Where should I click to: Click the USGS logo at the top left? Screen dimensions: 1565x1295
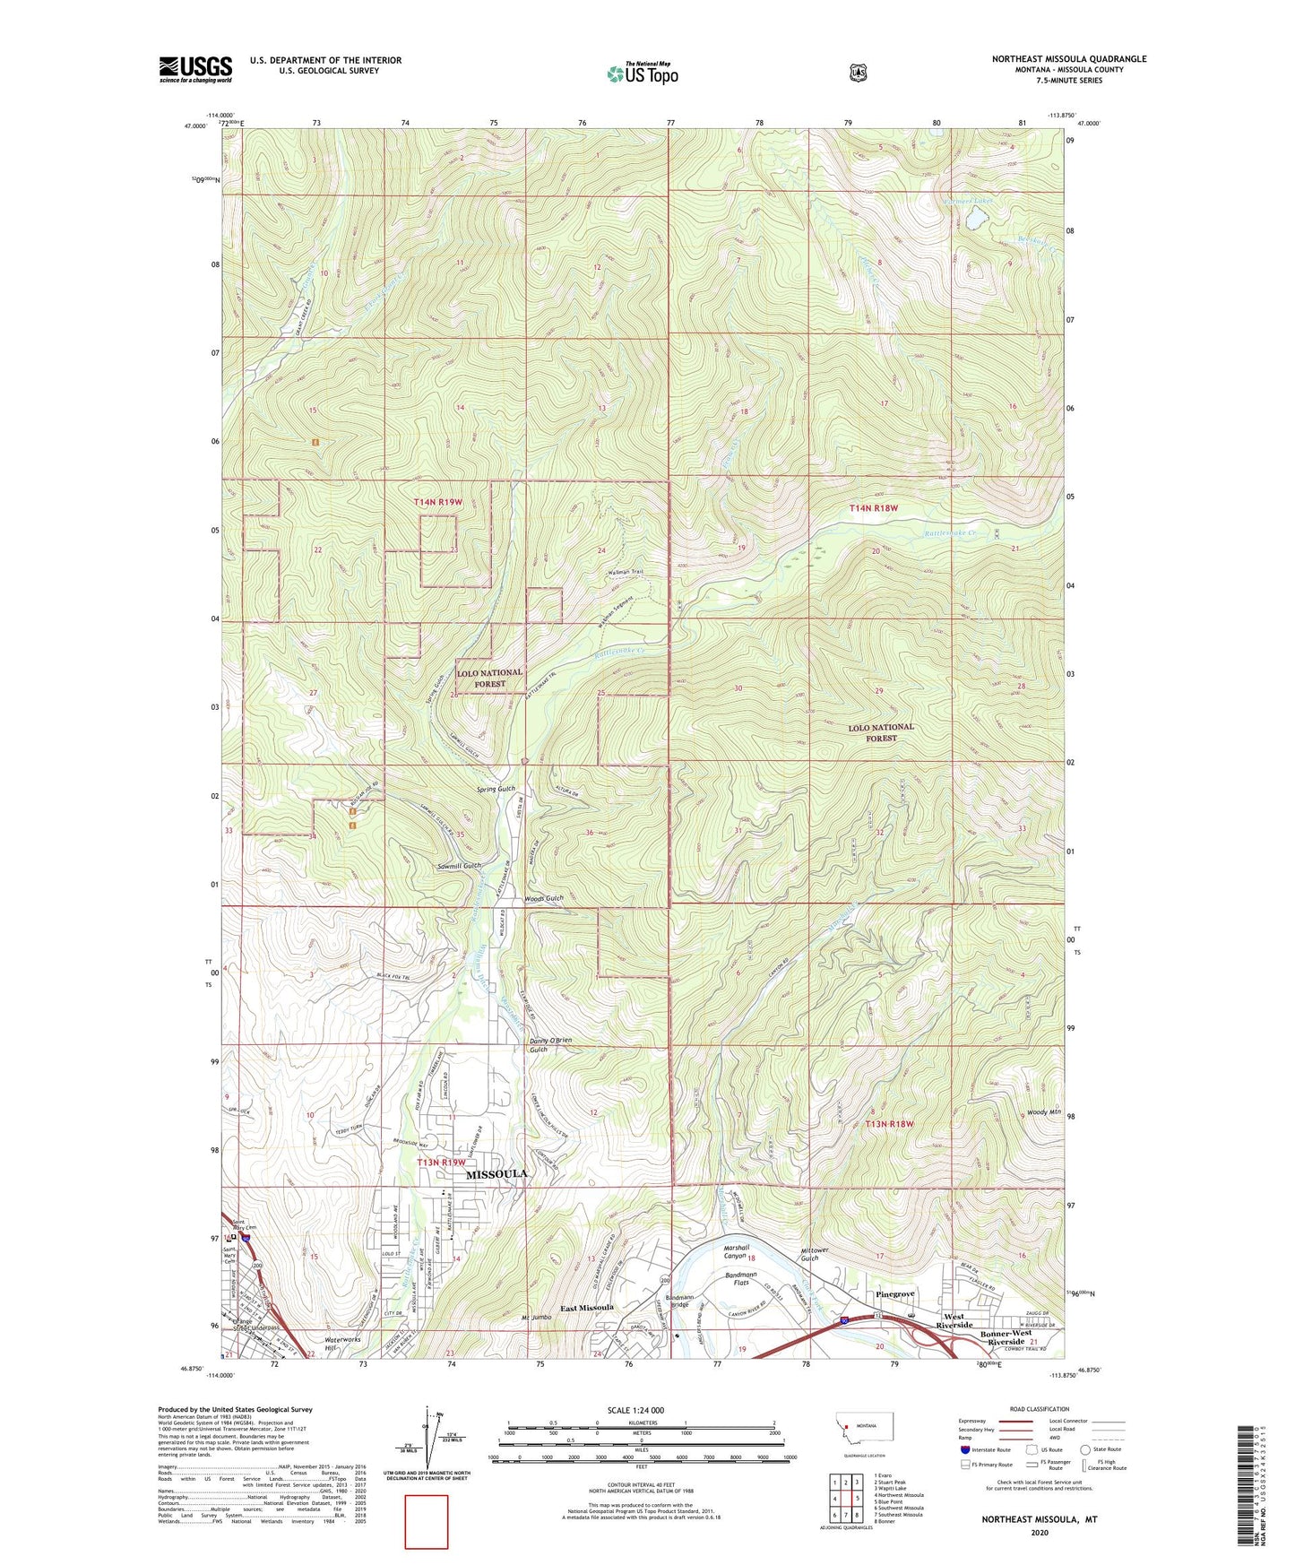pos(195,69)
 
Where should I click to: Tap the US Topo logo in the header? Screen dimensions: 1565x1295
pos(642,73)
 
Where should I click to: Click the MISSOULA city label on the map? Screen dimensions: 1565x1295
pos(496,1173)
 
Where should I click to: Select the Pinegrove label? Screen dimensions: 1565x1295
pos(894,1294)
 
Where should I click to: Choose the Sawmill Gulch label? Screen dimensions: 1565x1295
pos(460,866)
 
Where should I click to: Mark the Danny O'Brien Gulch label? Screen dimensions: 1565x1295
pos(550,1045)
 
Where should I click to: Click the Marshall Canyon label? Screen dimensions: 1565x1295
pos(736,1252)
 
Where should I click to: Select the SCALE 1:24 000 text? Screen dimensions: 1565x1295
pos(635,1410)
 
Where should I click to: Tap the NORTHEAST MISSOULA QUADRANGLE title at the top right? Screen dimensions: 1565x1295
pos(1068,59)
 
